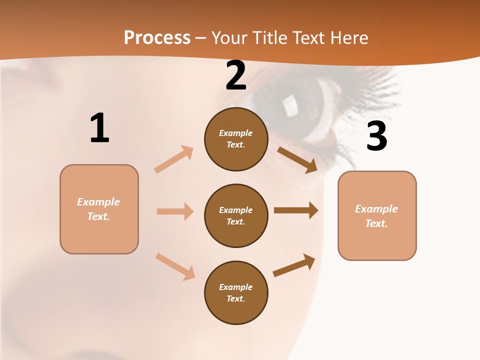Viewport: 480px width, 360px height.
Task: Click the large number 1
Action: coord(99,128)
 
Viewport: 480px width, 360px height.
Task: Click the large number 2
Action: coord(236,76)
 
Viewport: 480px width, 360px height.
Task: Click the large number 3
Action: coord(376,136)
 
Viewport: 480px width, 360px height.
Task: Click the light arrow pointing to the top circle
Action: coord(174,159)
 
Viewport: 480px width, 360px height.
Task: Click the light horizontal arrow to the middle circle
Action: coord(175,211)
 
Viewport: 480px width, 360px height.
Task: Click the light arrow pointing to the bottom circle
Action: coord(175,266)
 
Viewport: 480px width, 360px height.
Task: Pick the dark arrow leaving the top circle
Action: coord(297,160)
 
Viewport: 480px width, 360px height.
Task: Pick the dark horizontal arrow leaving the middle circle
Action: coord(296,210)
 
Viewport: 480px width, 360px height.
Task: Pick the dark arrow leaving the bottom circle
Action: coord(294,265)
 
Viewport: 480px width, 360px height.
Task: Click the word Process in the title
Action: coord(157,37)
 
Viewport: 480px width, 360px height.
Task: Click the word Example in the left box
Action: coord(98,202)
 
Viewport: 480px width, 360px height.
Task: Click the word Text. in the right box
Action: coord(376,223)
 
